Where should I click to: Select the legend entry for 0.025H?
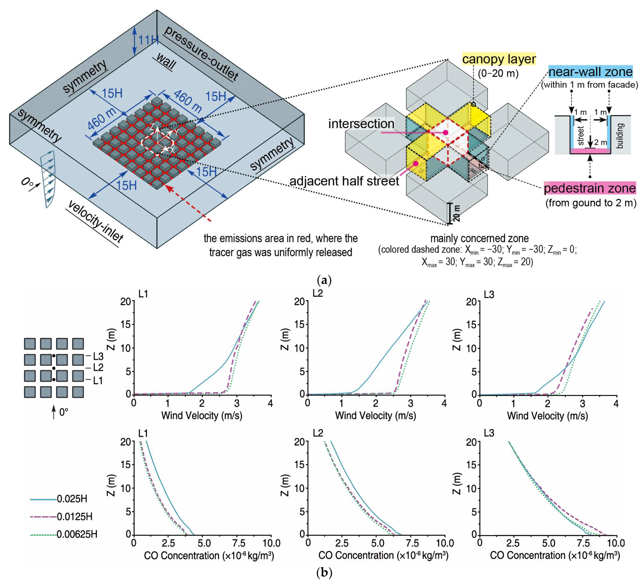coord(59,499)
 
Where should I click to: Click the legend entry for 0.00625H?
coord(64,534)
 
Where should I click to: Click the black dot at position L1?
coord(54,380)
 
